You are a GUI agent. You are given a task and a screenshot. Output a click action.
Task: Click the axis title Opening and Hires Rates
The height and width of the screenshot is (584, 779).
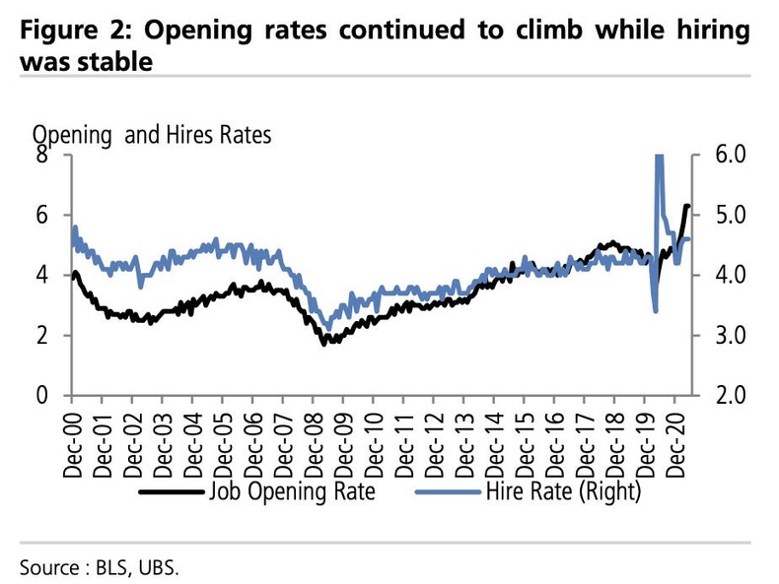(x=152, y=135)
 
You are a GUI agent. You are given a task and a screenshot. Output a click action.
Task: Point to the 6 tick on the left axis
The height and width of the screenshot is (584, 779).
(x=41, y=215)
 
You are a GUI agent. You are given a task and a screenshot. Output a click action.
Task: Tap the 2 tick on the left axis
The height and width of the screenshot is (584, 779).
(x=41, y=335)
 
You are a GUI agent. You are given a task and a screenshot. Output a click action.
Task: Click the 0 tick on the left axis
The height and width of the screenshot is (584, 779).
(x=41, y=395)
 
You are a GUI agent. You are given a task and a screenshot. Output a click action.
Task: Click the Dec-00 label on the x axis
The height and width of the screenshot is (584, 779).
(x=72, y=440)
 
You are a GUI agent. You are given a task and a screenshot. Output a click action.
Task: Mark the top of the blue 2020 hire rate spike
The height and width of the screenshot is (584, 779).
(x=658, y=158)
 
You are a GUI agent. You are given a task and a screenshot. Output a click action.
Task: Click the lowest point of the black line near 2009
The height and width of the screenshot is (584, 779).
(x=325, y=343)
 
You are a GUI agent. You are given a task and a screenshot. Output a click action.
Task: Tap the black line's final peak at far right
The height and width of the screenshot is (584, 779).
(x=686, y=206)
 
